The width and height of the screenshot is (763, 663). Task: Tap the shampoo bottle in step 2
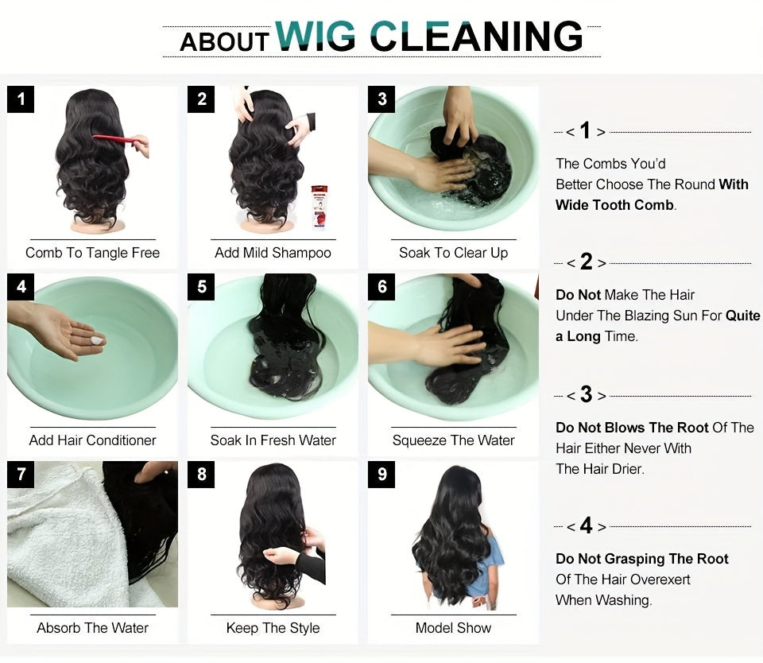319,207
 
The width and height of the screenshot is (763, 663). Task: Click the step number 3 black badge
382,99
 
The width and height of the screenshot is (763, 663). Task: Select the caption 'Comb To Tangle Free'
93,253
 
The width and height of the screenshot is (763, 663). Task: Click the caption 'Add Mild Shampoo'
273,253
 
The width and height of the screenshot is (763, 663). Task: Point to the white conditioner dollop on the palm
96,340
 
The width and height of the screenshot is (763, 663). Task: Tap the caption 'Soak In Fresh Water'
273,440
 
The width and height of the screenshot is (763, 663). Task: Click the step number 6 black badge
382,287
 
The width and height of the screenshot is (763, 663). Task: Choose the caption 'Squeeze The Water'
453,440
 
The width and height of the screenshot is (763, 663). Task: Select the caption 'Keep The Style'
273,628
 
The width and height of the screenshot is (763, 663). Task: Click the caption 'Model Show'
453,628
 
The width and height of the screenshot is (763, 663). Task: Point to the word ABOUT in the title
224,41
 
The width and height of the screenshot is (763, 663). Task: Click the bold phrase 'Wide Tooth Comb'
614,205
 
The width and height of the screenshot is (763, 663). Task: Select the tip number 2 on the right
587,262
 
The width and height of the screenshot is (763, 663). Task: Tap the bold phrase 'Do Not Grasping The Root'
642,559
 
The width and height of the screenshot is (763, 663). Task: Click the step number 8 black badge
202,475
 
